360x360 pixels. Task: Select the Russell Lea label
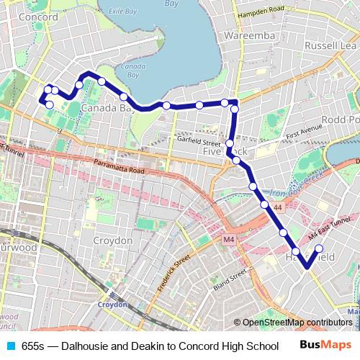tap(330, 45)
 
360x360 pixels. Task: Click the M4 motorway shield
tap(229, 240)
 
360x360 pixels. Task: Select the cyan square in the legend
tap(11, 346)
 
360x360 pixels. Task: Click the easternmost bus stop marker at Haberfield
tap(320, 248)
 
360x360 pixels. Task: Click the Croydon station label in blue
tap(112, 305)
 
